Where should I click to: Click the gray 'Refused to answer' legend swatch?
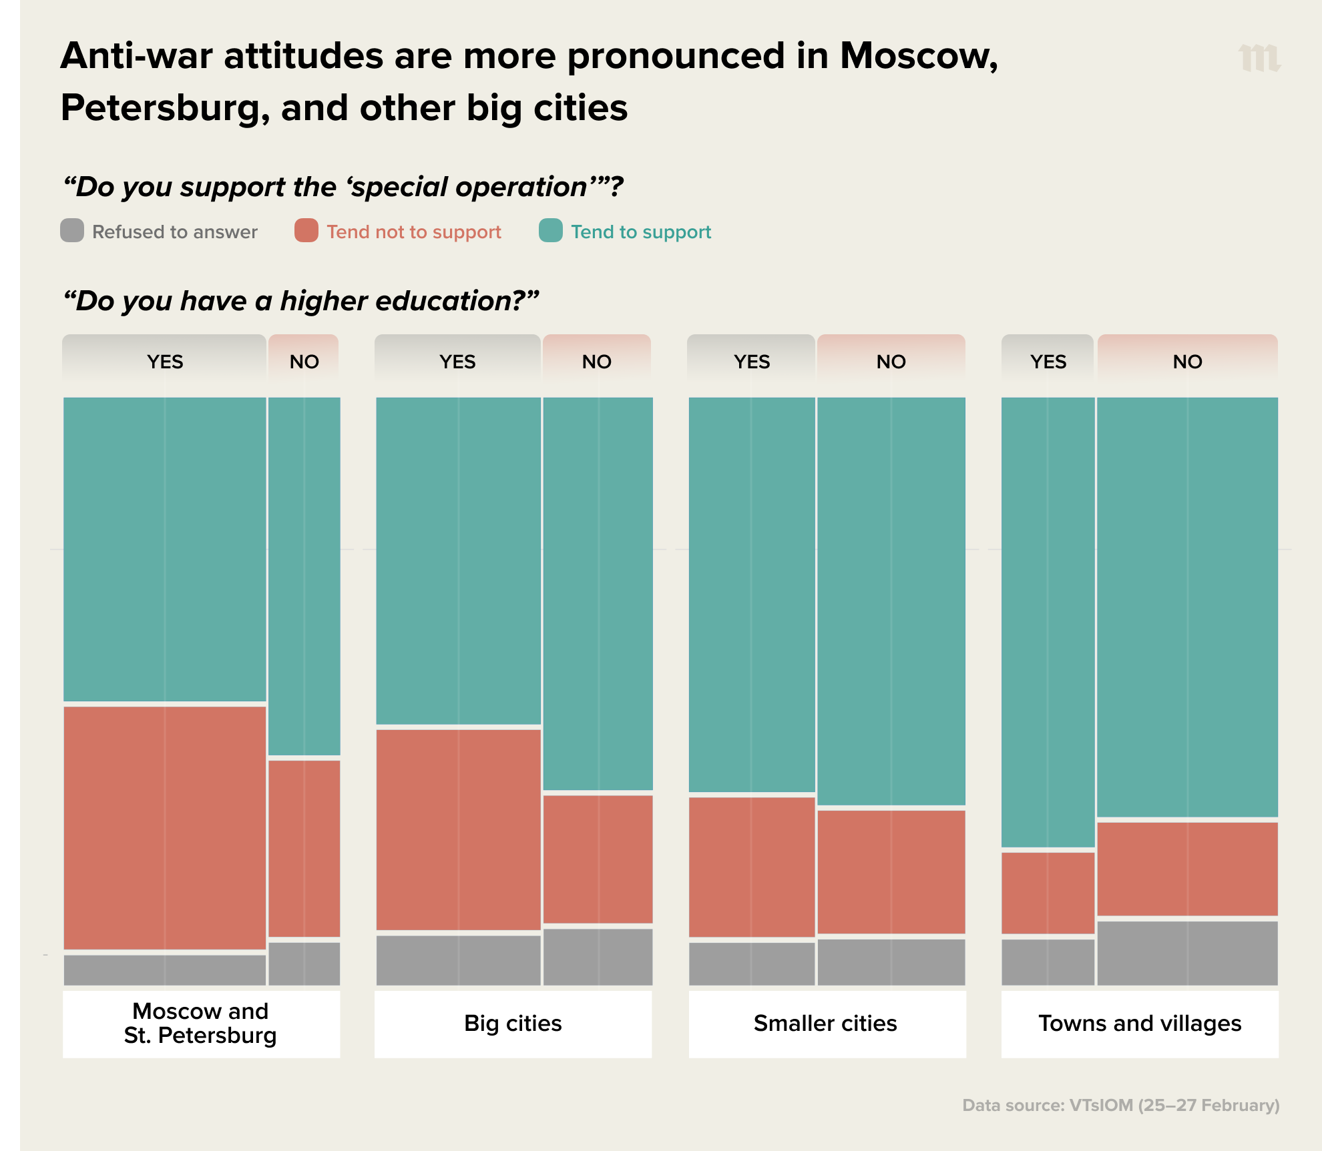(x=72, y=230)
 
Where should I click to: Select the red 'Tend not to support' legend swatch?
(x=306, y=230)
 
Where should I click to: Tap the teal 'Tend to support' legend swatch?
(x=551, y=230)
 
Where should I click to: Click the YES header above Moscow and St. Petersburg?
(x=165, y=361)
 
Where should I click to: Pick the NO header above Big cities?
(x=597, y=361)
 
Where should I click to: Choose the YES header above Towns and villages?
(x=1048, y=361)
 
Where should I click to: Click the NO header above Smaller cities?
(x=891, y=361)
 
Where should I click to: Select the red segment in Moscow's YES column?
(x=165, y=827)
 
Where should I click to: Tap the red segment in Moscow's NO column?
(x=304, y=848)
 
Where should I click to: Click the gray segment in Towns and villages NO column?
(x=1187, y=953)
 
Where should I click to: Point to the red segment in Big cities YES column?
(x=458, y=829)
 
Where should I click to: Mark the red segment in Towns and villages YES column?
(x=1048, y=893)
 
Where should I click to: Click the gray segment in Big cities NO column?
(x=598, y=957)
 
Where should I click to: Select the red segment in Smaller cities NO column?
(x=891, y=871)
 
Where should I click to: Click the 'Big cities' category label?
(x=513, y=1023)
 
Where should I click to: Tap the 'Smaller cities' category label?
(x=825, y=1023)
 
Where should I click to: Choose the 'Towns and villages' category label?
(x=1140, y=1023)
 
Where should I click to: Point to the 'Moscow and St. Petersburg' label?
(x=200, y=1023)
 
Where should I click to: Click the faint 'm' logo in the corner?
(x=1259, y=58)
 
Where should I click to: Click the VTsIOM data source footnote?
(x=1120, y=1105)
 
